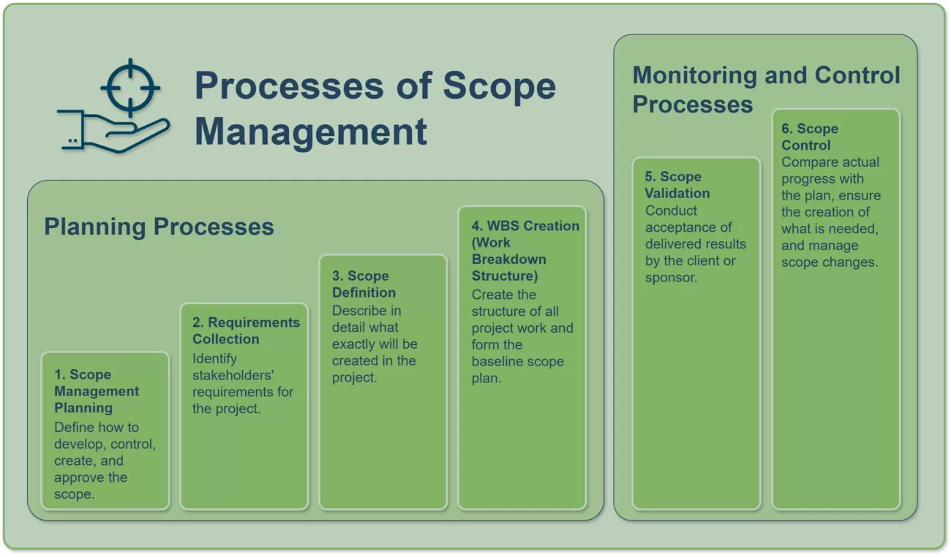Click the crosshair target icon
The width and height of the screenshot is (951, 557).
pyautogui.click(x=130, y=88)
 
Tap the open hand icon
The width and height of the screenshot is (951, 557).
pyautogui.click(x=113, y=132)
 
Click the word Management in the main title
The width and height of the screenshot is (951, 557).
pyautogui.click(x=311, y=132)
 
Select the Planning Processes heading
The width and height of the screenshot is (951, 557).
pyautogui.click(x=159, y=227)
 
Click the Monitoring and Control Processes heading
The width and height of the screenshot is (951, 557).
pyautogui.click(x=767, y=89)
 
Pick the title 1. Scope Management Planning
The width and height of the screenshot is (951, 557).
pyautogui.click(x=97, y=391)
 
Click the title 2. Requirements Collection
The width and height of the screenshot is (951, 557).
pyautogui.click(x=247, y=330)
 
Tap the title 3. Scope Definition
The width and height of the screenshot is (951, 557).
pyautogui.click(x=364, y=284)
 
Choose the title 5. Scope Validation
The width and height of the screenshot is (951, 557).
pyautogui.click(x=677, y=184)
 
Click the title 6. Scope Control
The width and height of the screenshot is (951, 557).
pyautogui.click(x=810, y=137)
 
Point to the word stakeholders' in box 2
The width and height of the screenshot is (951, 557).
pyautogui.click(x=233, y=375)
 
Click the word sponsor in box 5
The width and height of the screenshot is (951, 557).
pyautogui.click(x=670, y=278)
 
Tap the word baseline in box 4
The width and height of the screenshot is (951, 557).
pyautogui.click(x=497, y=361)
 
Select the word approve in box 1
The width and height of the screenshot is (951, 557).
pyautogui.click(x=79, y=477)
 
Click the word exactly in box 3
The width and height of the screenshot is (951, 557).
pyautogui.click(x=356, y=344)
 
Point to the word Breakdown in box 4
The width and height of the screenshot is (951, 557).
pyautogui.click(x=509, y=259)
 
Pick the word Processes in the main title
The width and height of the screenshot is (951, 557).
pyautogui.click(x=290, y=86)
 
